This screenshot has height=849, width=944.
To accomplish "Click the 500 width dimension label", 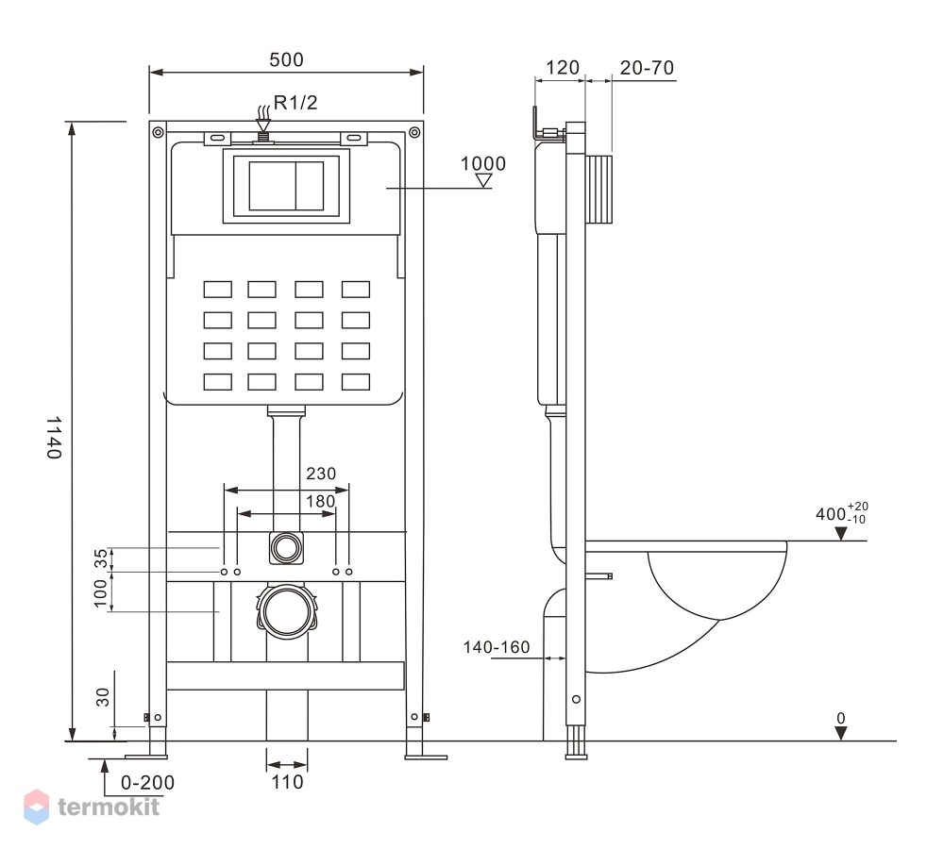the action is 286,59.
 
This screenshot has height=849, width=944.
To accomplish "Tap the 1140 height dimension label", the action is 54,438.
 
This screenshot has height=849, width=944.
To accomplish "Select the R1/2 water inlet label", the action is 295,103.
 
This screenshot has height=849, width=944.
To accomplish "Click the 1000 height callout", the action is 482,163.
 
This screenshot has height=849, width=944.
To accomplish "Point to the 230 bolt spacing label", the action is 321,474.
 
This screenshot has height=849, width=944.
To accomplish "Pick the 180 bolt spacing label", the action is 320,501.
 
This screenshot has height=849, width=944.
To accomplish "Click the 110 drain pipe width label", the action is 287,782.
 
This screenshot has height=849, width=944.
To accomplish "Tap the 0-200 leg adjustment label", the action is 147,783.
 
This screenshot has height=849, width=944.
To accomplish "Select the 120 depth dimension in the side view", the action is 563,67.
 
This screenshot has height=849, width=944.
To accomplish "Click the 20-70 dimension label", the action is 648,68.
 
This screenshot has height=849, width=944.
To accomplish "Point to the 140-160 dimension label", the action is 497,647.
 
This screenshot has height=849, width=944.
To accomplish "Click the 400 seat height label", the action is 842,513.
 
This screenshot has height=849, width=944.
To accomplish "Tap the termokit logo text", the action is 109,807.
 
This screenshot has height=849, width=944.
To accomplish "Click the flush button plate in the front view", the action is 287,187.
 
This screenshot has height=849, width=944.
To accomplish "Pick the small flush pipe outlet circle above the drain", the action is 286,548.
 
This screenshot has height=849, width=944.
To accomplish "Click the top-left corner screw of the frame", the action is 158,132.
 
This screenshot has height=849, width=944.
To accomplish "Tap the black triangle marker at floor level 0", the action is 841,733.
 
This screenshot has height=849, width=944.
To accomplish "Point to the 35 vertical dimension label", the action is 101,558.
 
